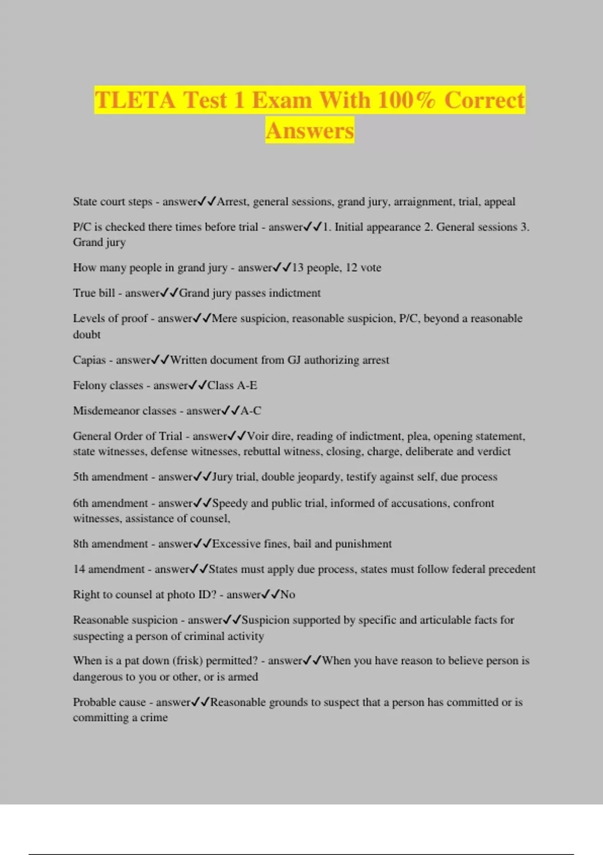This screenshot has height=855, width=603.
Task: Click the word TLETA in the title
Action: tap(135, 100)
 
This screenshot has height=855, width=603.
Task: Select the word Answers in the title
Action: tap(310, 131)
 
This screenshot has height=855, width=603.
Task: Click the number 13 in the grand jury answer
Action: tap(297, 268)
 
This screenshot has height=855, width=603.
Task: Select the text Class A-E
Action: tap(232, 386)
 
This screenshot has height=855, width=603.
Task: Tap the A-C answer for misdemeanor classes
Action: tap(251, 411)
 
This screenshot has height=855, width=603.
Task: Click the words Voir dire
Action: tap(268, 436)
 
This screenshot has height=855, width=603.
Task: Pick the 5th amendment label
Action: tap(110, 477)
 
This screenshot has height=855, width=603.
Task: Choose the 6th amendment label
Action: tap(110, 503)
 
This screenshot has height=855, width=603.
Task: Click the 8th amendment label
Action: tap(110, 544)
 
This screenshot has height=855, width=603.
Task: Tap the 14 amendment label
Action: tap(109, 569)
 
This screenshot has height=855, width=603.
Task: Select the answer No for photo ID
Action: tap(288, 594)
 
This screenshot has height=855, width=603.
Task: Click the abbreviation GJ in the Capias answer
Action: tap(293, 360)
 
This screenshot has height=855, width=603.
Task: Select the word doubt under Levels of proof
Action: tap(86, 334)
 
